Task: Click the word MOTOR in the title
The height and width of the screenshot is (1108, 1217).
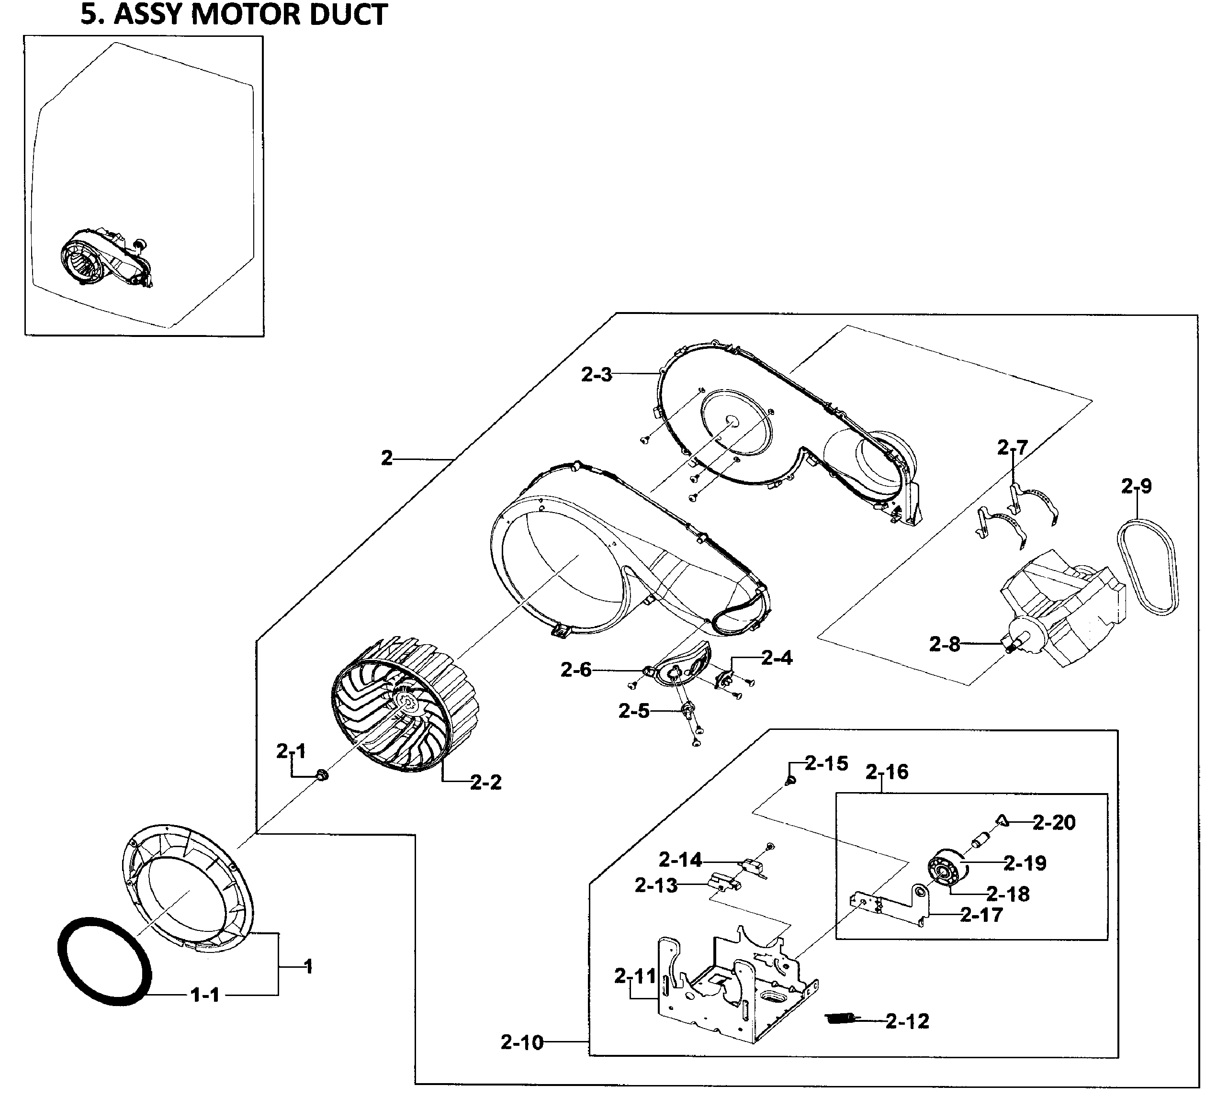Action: (x=250, y=14)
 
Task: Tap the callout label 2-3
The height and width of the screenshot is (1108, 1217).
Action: (x=597, y=375)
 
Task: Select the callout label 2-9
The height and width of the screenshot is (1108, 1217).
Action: (x=1137, y=486)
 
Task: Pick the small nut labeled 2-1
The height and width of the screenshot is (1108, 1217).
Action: (x=322, y=775)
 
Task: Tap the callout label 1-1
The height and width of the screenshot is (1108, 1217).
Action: (x=205, y=995)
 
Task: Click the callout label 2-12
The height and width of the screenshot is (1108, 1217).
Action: (x=907, y=1021)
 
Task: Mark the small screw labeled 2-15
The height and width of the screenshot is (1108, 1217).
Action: (x=789, y=782)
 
